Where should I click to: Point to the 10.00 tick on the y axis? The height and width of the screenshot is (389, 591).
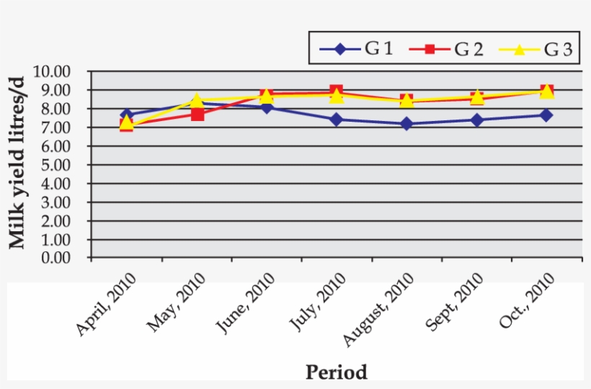coord(69,71)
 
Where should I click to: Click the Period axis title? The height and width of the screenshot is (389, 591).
coord(337,372)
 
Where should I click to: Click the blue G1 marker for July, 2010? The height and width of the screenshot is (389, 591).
coord(337,120)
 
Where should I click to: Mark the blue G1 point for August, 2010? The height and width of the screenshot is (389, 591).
coord(406,124)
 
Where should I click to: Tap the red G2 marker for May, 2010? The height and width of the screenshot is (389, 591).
coord(197,114)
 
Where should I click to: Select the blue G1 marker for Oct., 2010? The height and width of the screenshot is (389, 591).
coord(546,115)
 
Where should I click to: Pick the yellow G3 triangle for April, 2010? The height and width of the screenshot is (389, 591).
coord(127,122)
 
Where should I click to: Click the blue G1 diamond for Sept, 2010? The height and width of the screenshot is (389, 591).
coord(476,120)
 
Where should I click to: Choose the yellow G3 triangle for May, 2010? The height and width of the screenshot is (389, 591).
coord(197,100)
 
